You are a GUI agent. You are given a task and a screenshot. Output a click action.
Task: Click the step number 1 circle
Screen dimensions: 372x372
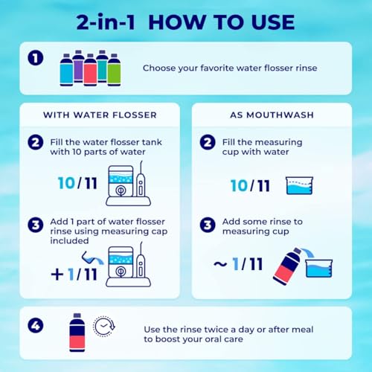pyautogui.click(x=35, y=57)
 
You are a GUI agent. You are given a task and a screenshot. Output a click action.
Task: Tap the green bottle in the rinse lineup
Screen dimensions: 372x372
pyautogui.click(x=114, y=69)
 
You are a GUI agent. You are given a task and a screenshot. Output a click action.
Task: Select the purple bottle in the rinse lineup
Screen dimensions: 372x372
pyautogui.click(x=78, y=66)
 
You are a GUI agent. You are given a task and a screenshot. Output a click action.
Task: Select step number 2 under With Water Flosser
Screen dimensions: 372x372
pyautogui.click(x=35, y=141)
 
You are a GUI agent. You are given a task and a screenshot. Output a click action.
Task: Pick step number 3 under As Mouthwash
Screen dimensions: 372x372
pyautogui.click(x=208, y=223)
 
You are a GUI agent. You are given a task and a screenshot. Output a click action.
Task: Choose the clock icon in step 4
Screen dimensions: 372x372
pyautogui.click(x=103, y=328)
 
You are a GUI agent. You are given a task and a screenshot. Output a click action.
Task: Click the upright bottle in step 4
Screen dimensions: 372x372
pyautogui.click(x=75, y=333)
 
